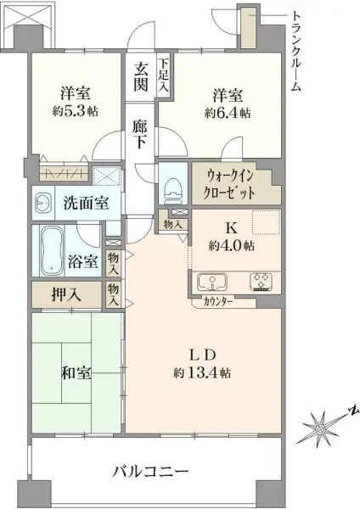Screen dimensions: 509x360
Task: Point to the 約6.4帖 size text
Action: [x=228, y=111]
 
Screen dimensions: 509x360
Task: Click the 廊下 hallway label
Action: [x=140, y=134]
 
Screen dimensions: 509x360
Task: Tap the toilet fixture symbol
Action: [x=172, y=184]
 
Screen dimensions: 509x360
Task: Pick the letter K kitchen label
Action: [x=229, y=227]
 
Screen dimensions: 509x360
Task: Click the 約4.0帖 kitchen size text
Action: [x=230, y=246]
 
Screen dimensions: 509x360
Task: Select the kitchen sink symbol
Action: [x=211, y=282]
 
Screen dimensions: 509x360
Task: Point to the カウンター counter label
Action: [x=219, y=301]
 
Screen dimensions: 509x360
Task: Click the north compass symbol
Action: [x=321, y=429]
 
